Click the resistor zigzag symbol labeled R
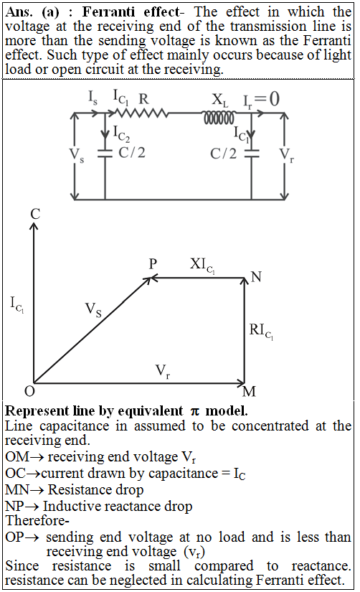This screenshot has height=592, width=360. (141, 113)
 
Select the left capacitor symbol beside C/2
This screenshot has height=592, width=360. (105, 154)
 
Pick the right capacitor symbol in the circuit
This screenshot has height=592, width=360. (251, 154)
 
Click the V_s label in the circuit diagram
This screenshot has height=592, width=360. (77, 155)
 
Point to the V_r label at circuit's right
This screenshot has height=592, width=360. (286, 155)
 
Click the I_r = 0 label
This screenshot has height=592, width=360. (261, 100)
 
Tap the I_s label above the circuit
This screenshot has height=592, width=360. (93, 98)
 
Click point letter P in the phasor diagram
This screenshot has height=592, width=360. (153, 263)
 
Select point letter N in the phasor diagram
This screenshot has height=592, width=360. (256, 277)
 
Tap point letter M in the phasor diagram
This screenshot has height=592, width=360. (249, 392)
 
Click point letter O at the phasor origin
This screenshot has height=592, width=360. (29, 391)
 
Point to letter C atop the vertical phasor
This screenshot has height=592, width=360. (35, 214)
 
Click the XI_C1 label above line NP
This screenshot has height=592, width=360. (202, 265)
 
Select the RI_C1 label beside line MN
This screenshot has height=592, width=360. (261, 332)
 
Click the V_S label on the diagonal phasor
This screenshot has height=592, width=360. (93, 310)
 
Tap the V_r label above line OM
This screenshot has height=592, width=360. (163, 372)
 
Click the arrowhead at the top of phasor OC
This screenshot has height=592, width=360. (34, 226)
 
